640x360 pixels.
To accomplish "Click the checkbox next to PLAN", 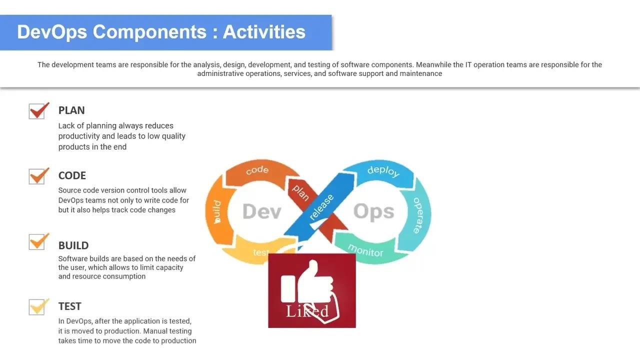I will [x=37, y=111].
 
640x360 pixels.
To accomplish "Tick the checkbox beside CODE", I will [x=37, y=176].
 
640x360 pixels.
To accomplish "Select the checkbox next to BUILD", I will [x=37, y=242].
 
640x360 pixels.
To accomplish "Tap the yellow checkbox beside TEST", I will [x=37, y=307].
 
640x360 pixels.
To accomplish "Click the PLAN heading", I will [x=71, y=110].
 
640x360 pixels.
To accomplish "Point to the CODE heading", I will [x=72, y=175].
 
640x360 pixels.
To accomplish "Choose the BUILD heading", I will [x=73, y=245].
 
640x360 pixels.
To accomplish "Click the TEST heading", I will [x=69, y=306].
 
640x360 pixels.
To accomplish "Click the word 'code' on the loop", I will [x=257, y=170].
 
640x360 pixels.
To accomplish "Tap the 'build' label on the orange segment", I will [x=217, y=212].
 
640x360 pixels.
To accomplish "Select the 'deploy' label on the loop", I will [x=383, y=171].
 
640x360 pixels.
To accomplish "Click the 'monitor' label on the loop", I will [x=365, y=250].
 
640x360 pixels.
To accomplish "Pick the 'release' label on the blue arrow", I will [x=321, y=207].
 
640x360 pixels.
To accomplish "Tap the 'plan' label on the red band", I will [x=300, y=192].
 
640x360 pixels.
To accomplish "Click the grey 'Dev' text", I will [x=262, y=211].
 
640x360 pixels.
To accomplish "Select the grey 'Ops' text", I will [x=373, y=211].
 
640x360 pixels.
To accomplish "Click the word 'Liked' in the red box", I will [x=307, y=311].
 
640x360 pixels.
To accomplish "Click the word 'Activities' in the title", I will [x=264, y=31].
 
